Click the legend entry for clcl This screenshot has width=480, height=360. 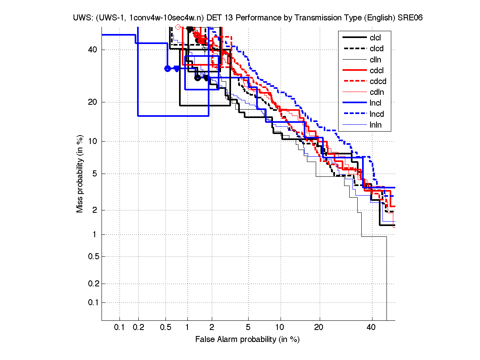(x=375, y=38)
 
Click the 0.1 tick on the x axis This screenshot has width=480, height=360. (x=120, y=328)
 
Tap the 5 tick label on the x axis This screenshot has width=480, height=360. (x=248, y=328)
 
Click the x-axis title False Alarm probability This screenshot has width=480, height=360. (x=248, y=339)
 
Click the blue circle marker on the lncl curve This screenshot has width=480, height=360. (x=168, y=68)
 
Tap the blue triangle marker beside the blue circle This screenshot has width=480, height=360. (x=177, y=68)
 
